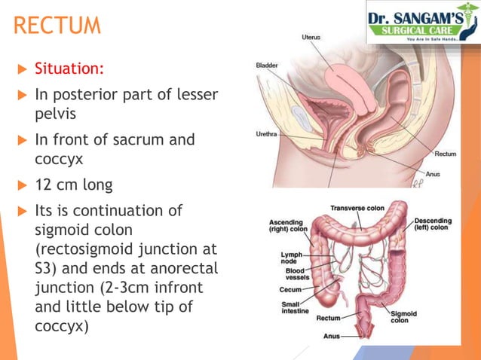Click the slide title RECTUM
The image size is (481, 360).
pos(57,26)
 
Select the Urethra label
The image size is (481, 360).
pos(267,136)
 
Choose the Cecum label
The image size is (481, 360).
pos(290,289)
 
